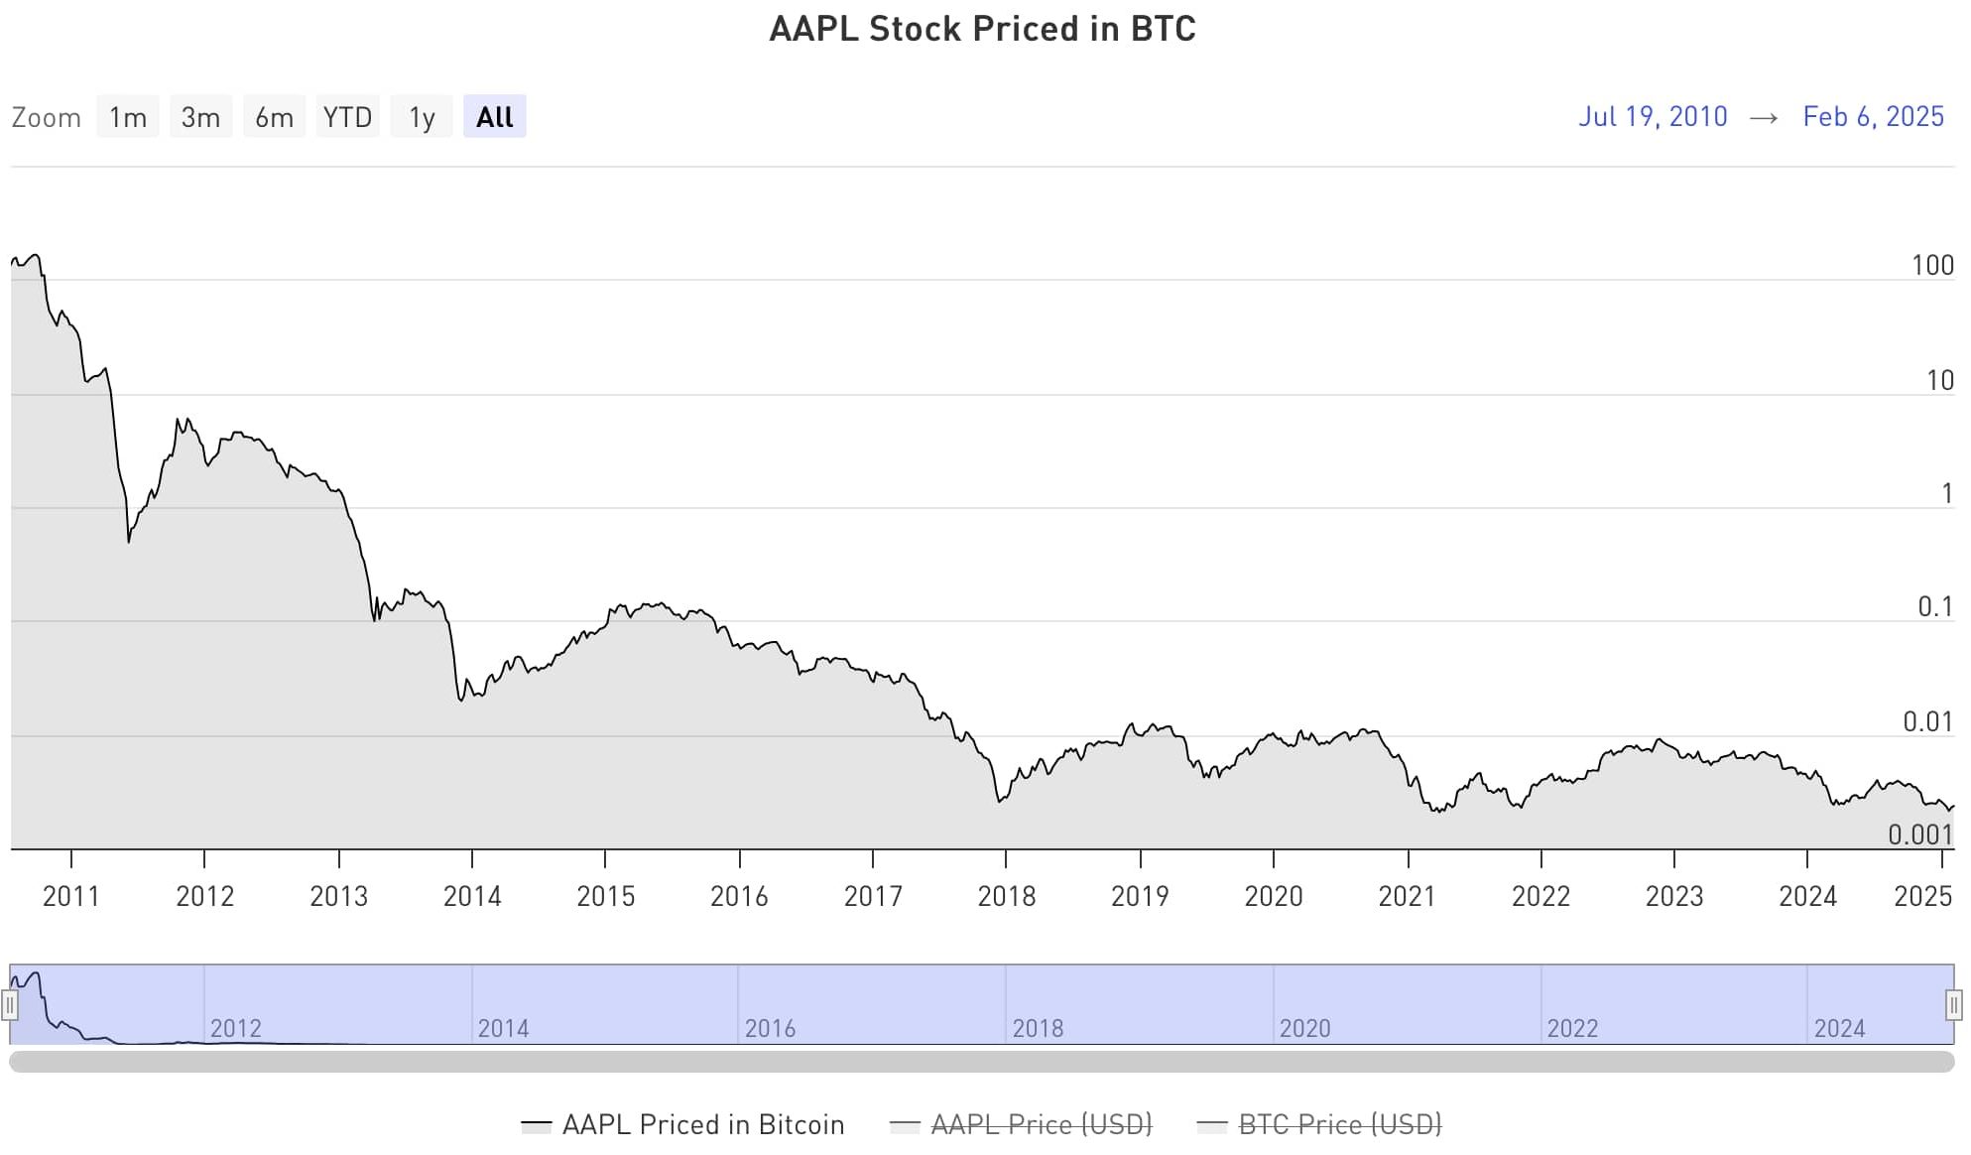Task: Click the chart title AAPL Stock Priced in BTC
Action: pos(982,29)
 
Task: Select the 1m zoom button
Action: pos(128,117)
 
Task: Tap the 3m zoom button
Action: pos(200,117)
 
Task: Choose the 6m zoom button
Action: pos(274,117)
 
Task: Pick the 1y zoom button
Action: pos(422,117)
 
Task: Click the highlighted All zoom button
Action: pos(494,117)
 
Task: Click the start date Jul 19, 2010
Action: pos(1653,116)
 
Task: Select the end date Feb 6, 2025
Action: pos(1873,116)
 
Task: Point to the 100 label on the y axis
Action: pos(1931,266)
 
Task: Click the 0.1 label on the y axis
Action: pos(1934,607)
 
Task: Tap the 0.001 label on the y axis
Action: pos(1920,835)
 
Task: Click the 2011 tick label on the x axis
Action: pos(71,896)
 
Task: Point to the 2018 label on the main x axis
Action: pos(1006,896)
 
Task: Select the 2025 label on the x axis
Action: pos(1922,896)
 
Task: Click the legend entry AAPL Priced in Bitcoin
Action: pos(702,1124)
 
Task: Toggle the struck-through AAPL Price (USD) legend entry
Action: pos(1041,1124)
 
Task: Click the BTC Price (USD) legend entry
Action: pos(1339,1124)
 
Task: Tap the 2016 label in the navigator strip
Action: pos(770,1028)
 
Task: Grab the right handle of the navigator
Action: pos(1953,1005)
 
